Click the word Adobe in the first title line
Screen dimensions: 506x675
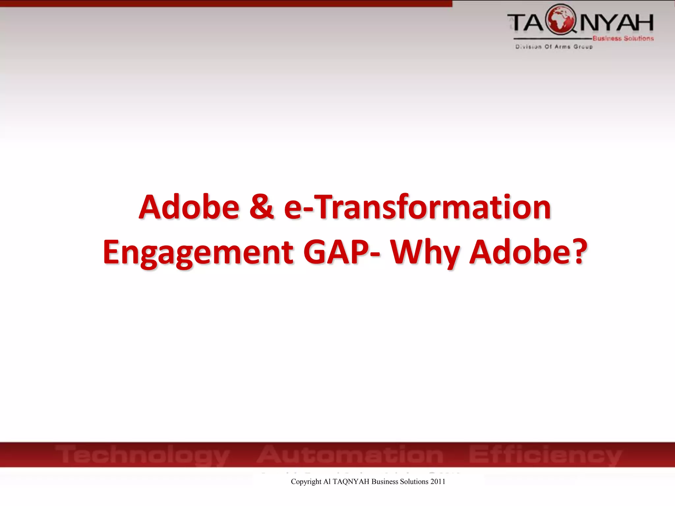coord(189,207)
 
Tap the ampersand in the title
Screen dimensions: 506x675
coord(261,207)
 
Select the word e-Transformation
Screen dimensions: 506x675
coord(417,207)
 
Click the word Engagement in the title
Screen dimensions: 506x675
coord(198,253)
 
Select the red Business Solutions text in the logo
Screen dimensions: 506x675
coord(623,39)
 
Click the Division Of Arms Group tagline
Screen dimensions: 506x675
coord(554,47)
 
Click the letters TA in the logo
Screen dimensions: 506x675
coord(525,23)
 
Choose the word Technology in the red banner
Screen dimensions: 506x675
coord(142,455)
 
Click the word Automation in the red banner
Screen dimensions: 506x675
coord(350,454)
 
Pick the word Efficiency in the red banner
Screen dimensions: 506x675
coord(545,455)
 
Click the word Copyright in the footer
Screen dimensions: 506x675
coord(306,482)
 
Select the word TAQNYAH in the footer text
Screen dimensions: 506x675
coord(351,482)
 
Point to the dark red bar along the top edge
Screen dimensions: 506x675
coord(226,3)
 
